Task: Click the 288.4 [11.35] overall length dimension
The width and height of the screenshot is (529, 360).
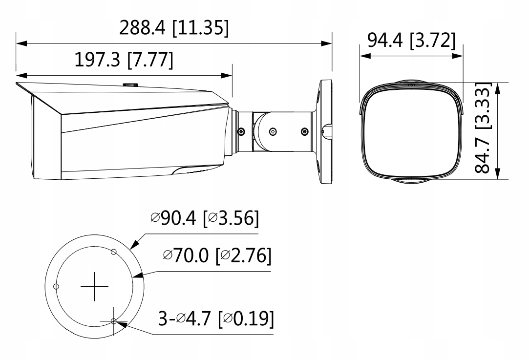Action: coord(174,28)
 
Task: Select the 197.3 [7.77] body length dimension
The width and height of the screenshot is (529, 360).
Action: coord(124,60)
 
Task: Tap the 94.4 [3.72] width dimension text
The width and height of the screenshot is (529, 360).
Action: coord(411,41)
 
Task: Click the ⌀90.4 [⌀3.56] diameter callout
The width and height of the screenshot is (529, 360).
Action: coord(205,218)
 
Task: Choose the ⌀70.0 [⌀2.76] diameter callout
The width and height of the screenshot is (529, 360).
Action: coord(217,255)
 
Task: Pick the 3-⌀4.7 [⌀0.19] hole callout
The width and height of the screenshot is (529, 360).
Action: coord(216,318)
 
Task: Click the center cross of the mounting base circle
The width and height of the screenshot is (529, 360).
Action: coord(94,286)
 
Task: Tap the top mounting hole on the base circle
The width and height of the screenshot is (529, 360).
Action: coord(114,252)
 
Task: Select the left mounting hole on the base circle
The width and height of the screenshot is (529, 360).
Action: coord(56,286)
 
